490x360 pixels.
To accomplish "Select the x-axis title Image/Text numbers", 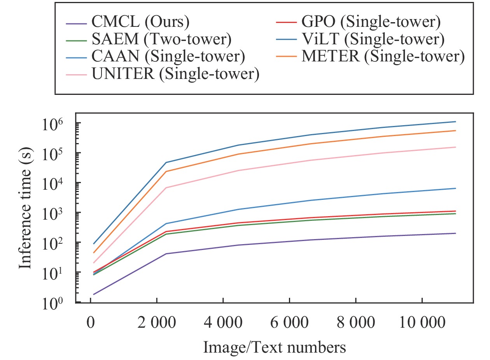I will pos(274,347).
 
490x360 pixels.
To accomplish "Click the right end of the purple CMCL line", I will pos(455,233).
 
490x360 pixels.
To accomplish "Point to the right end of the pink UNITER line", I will pos(455,147).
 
